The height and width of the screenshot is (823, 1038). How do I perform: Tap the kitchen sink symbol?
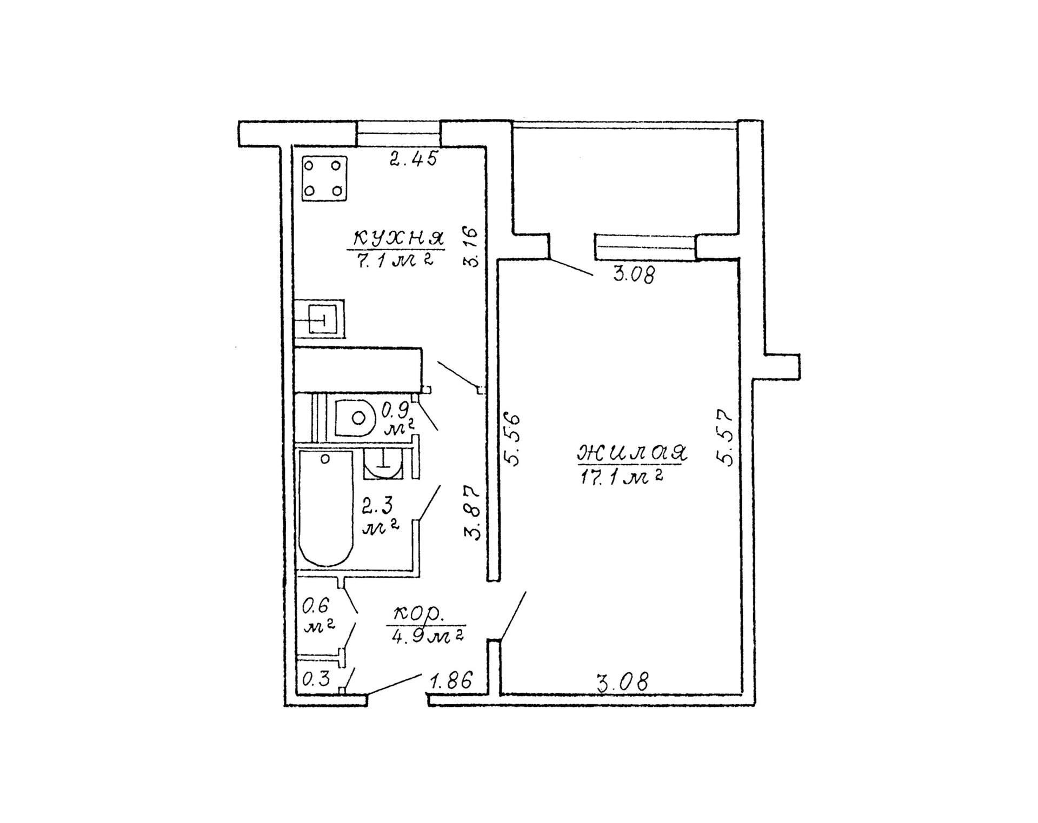319,318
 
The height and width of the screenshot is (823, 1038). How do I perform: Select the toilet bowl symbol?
355,418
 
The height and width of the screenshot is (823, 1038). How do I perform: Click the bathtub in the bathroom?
325,507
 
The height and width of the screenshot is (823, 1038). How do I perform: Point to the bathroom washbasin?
383,464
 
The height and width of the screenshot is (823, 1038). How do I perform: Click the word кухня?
398,238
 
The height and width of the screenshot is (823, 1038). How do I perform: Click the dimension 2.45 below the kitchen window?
414,158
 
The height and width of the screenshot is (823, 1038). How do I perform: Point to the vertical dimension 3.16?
471,247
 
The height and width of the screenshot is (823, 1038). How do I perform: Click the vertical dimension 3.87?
472,513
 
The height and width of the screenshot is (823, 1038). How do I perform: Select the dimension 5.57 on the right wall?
724,437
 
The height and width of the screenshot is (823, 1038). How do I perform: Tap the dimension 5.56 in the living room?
511,440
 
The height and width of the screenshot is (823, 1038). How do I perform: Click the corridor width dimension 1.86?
451,681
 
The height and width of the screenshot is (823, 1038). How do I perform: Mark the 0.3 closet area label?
316,679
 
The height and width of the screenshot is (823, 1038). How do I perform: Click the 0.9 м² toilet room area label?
398,419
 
